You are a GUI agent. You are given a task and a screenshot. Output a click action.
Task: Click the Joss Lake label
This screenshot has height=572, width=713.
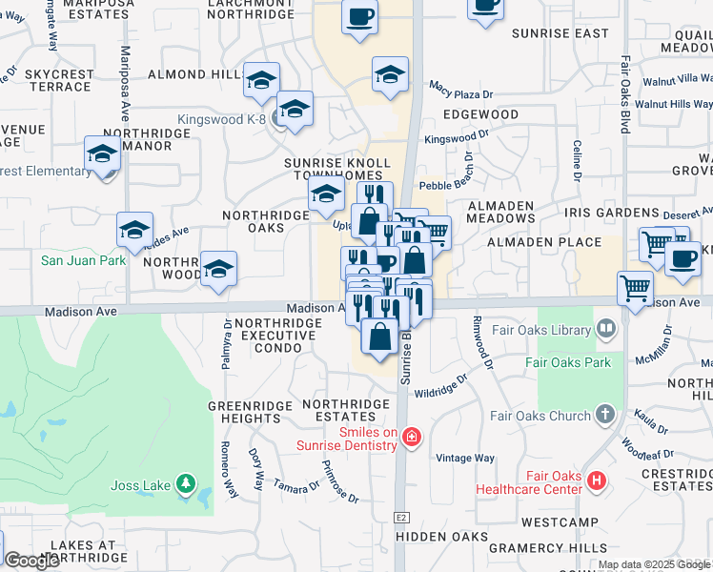(142, 485)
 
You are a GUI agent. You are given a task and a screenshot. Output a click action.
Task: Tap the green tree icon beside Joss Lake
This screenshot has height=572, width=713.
(187, 485)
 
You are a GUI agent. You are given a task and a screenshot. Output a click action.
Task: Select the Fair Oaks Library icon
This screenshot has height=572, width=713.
(604, 330)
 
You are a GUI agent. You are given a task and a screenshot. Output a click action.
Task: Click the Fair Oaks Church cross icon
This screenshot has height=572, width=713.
(604, 415)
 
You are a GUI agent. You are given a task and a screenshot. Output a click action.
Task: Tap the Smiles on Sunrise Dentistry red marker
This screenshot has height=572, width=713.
(411, 438)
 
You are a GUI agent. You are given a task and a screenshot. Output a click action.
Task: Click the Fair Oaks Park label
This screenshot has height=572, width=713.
(567, 362)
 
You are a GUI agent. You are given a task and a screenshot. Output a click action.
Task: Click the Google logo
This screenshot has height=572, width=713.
(31, 562)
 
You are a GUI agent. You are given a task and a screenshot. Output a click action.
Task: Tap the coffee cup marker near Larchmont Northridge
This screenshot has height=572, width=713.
(359, 18)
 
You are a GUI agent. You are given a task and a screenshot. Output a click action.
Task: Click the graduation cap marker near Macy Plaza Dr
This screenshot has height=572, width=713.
(391, 76)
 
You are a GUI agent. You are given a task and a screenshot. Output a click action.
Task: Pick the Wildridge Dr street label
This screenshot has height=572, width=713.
(441, 384)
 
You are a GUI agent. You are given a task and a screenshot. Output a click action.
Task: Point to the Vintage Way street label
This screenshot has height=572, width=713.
(465, 459)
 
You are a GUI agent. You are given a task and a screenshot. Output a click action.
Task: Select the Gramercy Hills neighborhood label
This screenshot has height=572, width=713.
(547, 548)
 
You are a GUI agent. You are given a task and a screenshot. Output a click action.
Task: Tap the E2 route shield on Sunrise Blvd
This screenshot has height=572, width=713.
(402, 517)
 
